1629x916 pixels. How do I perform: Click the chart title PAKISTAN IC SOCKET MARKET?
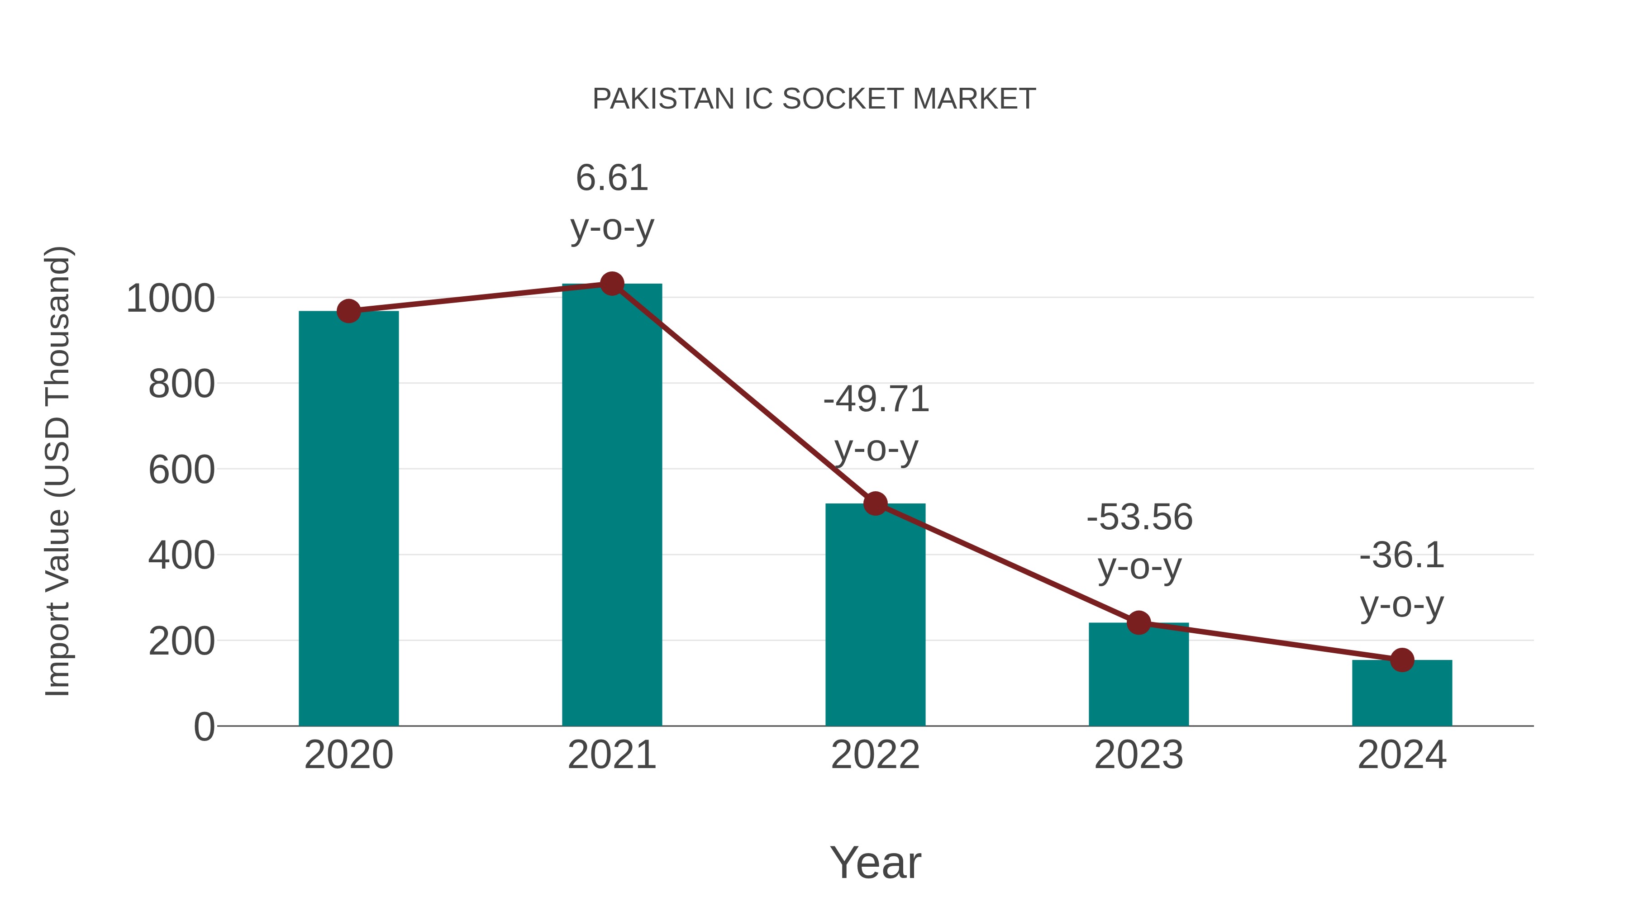(814, 99)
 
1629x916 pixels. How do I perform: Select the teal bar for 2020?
(348, 518)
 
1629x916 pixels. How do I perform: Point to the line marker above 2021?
(611, 284)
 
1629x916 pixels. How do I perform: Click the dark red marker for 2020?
(348, 311)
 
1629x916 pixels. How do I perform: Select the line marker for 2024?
(1402, 660)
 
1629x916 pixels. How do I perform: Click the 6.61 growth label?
(611, 178)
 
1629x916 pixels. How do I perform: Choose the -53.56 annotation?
(1139, 518)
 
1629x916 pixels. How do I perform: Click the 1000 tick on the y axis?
(171, 299)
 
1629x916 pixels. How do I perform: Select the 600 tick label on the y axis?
(181, 470)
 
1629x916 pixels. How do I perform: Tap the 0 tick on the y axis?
(204, 727)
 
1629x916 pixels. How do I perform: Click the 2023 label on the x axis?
(1138, 755)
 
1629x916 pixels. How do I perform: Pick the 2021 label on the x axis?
(611, 755)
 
